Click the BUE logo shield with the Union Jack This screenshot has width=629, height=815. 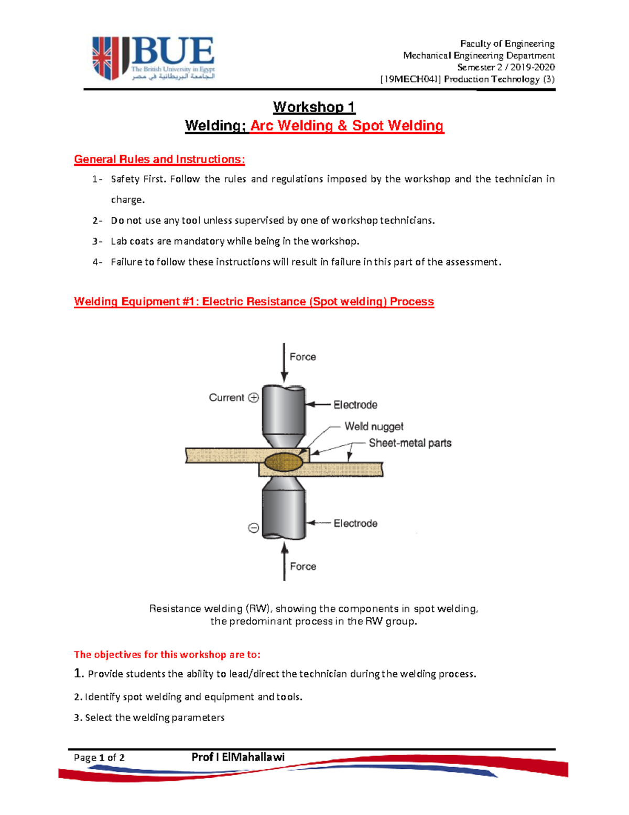pos(106,58)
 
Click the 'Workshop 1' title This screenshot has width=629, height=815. pos(314,107)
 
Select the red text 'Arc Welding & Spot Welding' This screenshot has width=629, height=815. pos(346,126)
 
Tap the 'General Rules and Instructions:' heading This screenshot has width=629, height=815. pos(159,160)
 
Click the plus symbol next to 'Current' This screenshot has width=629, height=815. pos(254,398)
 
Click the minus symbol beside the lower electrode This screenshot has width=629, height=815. pos(254,528)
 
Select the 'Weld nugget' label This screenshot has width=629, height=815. pos(374,427)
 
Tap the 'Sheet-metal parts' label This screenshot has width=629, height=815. pos(410,443)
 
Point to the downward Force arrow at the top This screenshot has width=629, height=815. pos(284,362)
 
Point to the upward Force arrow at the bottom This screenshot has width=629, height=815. pos(285,562)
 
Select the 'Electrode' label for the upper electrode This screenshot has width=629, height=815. pos(355,405)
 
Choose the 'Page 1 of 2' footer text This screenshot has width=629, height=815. pos(99,757)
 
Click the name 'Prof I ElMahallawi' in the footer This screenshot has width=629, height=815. pos(238,757)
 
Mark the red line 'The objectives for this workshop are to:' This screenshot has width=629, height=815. pos(167,654)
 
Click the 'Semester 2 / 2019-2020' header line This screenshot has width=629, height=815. pos(506,67)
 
